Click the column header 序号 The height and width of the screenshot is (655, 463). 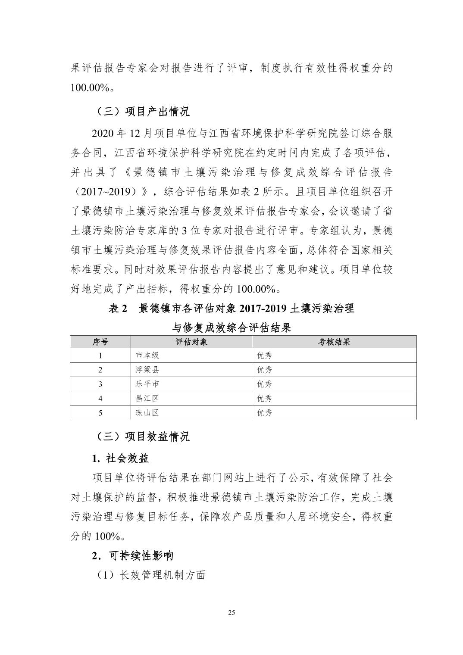(100, 342)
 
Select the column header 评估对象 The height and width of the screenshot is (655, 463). (191, 342)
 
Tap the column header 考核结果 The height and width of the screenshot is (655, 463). (334, 342)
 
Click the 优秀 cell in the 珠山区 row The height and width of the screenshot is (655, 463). (265, 412)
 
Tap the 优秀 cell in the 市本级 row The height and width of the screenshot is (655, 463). (265, 356)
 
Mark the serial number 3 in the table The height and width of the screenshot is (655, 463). (100, 384)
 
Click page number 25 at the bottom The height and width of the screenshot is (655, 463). (231, 613)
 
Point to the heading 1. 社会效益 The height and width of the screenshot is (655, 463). (121, 458)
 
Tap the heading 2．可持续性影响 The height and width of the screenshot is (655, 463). (133, 555)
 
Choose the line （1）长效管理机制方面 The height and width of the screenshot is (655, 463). (149, 575)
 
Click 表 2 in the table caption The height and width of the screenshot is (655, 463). (119, 309)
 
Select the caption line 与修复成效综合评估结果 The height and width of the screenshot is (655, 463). (232, 327)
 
